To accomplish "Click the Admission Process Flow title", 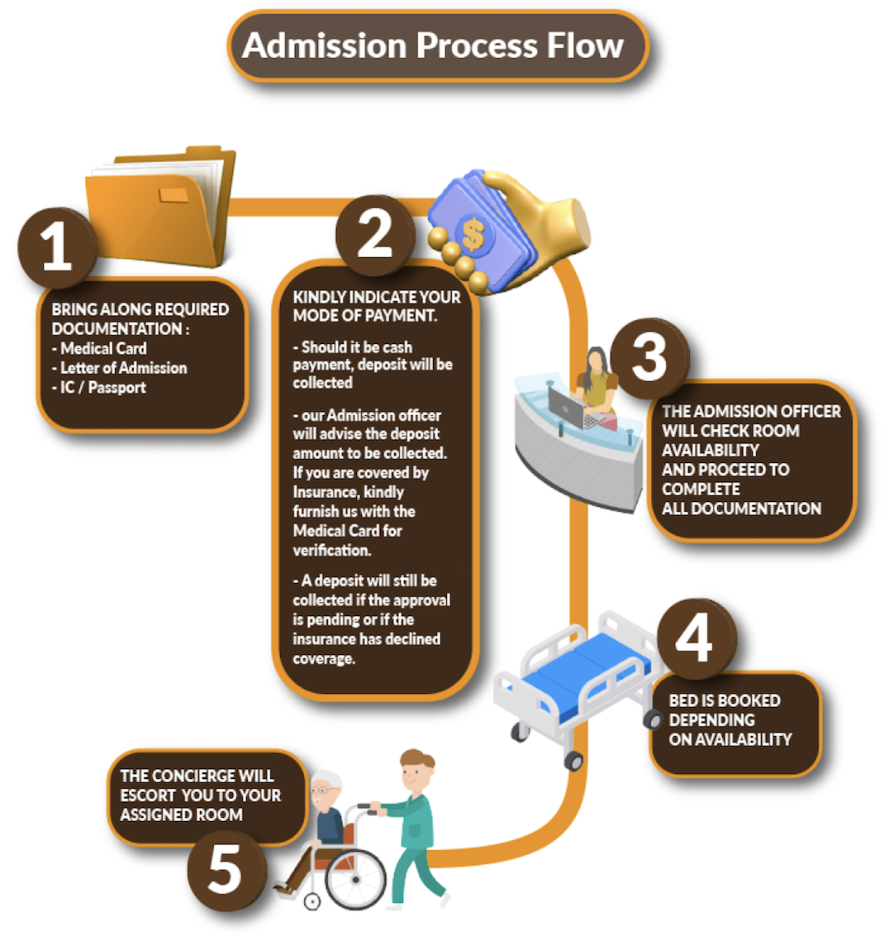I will point(433,45).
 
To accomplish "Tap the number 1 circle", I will point(56,246).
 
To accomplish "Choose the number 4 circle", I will point(694,638).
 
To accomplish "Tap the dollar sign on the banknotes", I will point(473,234).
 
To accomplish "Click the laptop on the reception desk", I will point(568,407).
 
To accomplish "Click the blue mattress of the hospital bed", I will point(583,666).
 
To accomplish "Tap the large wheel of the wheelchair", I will point(356,877).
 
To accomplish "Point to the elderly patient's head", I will point(327,791).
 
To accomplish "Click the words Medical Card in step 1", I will point(103,348).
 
